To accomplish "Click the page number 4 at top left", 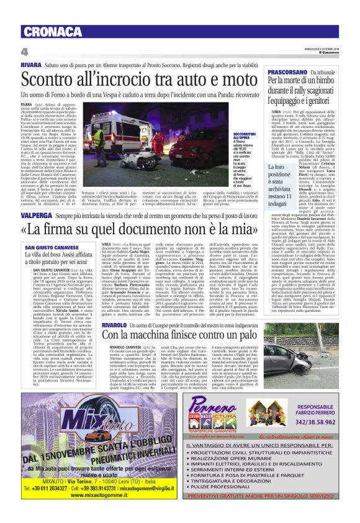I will [x=24, y=51].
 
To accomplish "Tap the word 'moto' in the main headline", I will [x=230, y=80].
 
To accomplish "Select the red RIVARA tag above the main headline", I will [x=31, y=64].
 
